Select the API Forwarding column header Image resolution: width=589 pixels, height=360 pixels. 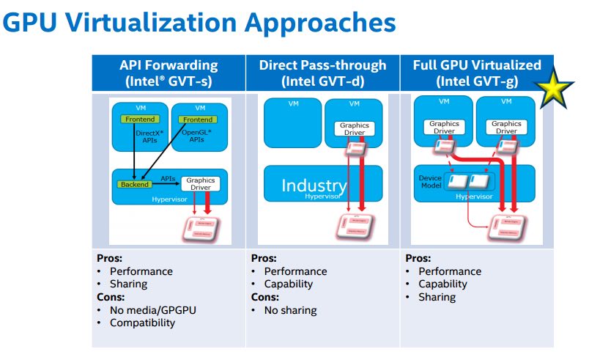click(168, 73)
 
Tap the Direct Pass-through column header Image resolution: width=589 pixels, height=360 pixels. click(322, 73)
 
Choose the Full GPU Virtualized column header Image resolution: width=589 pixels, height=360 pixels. click(477, 73)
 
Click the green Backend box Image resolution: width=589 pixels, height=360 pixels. click(135, 184)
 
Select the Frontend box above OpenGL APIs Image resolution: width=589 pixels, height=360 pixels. click(198, 120)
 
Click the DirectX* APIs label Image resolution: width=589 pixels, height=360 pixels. click(151, 136)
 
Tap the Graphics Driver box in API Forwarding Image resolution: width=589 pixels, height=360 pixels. click(201, 183)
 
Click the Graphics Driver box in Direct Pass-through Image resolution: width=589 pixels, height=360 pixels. click(355, 130)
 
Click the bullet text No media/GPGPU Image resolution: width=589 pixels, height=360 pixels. click(153, 310)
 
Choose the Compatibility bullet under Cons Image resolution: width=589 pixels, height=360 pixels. click(141, 323)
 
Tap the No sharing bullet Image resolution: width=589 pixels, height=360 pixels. click(291, 310)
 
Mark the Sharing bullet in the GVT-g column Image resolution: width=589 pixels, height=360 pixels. click(437, 297)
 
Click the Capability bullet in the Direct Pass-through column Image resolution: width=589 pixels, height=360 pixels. click(289, 284)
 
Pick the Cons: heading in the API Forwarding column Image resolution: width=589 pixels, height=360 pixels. click(112, 297)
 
